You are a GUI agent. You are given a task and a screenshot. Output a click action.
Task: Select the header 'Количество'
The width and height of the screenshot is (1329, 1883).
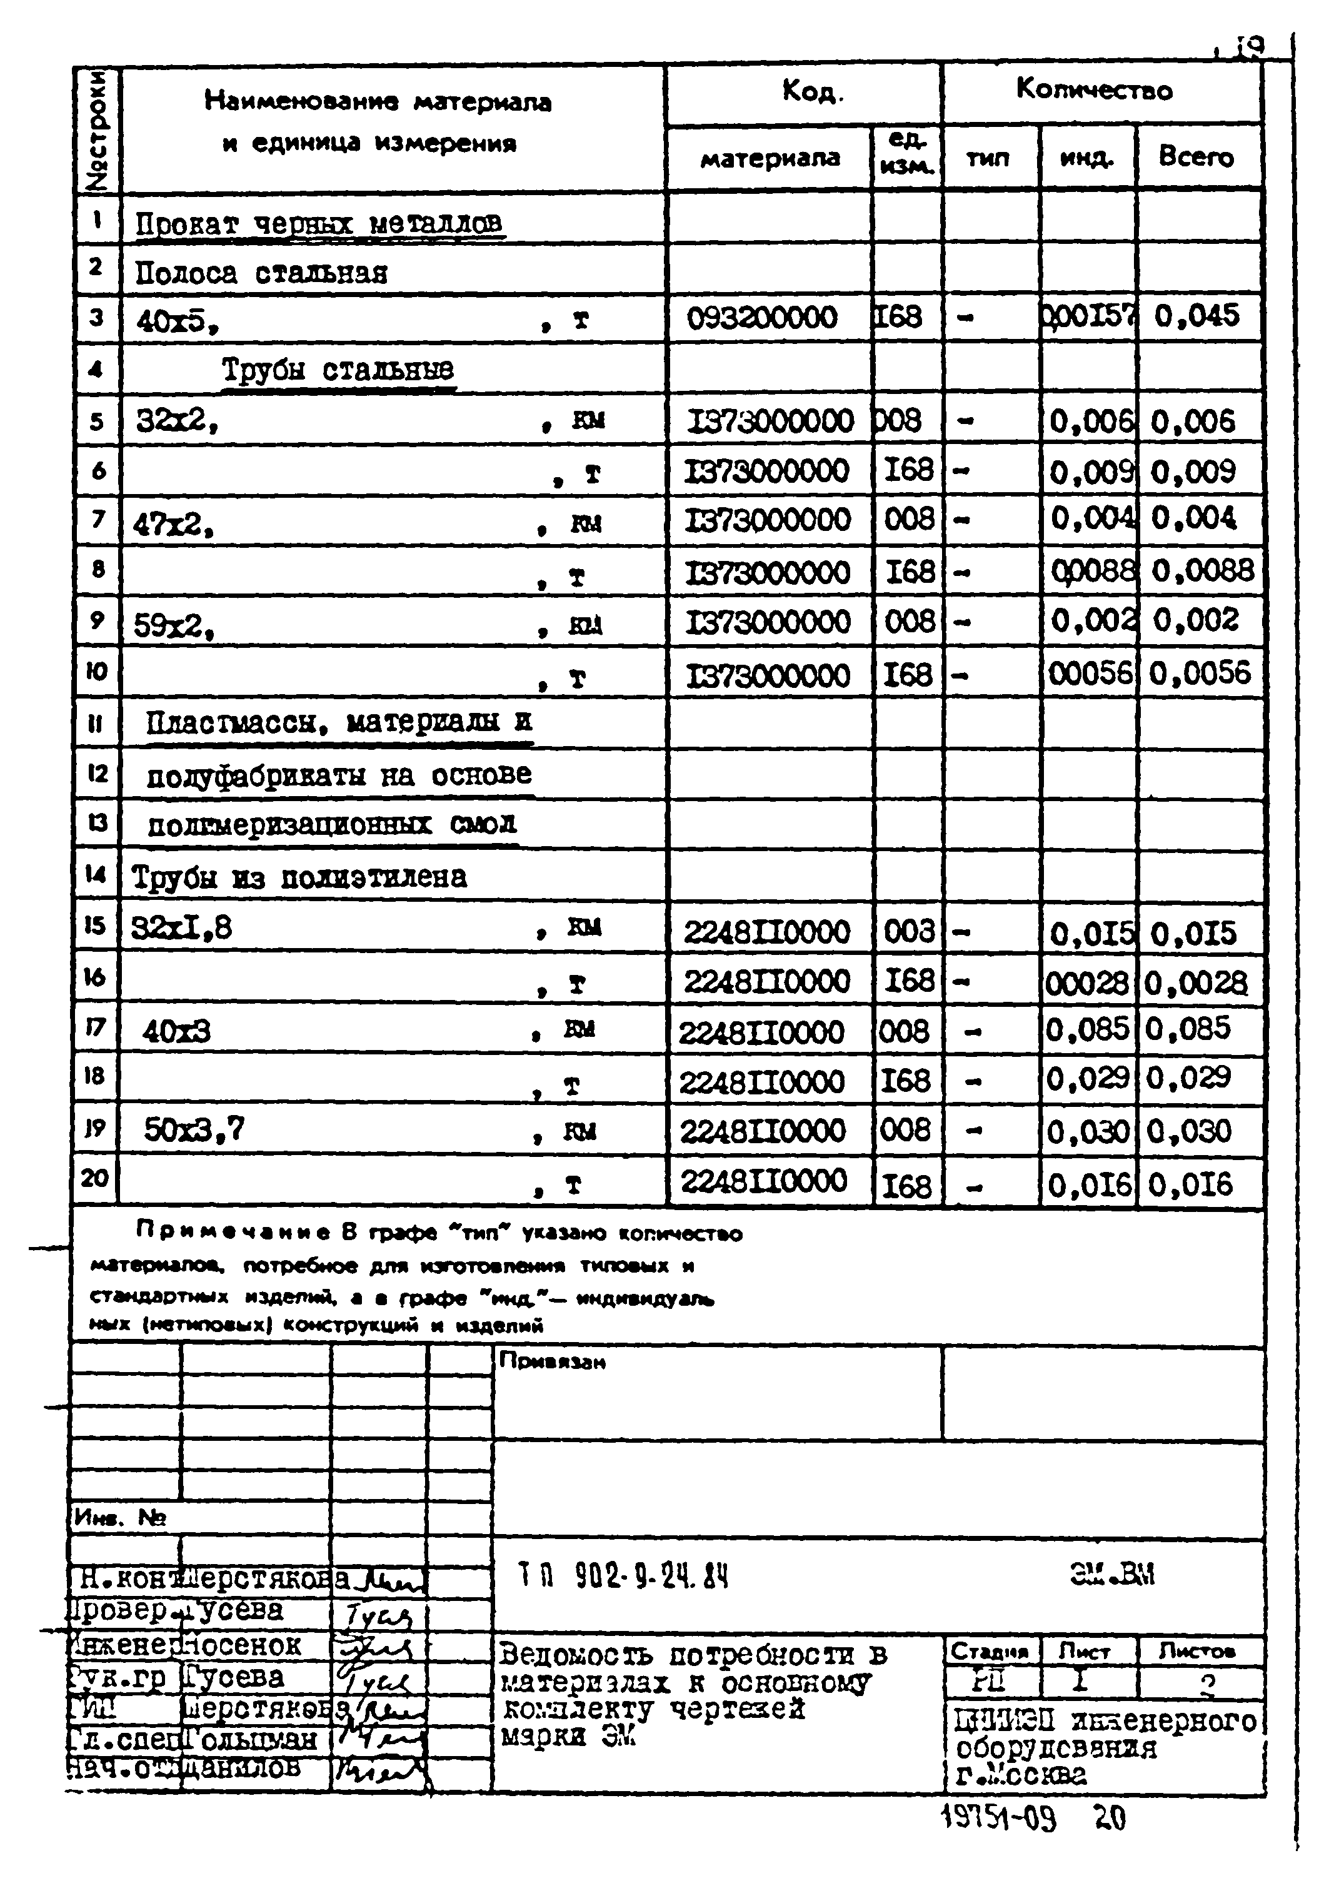1094,89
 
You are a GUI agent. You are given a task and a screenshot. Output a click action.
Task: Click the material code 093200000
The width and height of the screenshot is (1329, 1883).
761,318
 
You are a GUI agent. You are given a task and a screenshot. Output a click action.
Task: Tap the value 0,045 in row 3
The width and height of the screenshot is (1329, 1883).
1196,316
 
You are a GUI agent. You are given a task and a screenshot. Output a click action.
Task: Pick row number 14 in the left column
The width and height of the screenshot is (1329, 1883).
95,874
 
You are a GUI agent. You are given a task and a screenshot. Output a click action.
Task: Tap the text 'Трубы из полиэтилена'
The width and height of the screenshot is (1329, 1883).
299,877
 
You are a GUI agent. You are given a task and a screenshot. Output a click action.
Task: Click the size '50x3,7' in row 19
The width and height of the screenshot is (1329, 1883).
194,1130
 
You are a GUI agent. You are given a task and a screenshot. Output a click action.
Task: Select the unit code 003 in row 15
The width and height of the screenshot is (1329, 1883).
908,932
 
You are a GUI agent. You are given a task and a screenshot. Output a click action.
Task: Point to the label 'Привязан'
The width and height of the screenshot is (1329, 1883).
553,1361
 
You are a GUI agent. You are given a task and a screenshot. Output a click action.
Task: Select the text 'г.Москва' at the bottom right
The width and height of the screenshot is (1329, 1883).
1021,1775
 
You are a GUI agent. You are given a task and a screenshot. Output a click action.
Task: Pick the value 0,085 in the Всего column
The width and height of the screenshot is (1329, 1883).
1188,1029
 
